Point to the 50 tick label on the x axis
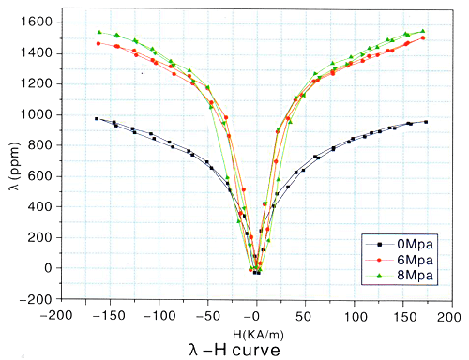(305, 317)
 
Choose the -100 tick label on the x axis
(156, 317)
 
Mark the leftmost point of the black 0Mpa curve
(97, 118)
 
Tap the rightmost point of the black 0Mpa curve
(426, 122)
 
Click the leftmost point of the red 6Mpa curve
(98, 43)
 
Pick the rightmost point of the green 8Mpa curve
(423, 31)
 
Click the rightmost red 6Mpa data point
(423, 38)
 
